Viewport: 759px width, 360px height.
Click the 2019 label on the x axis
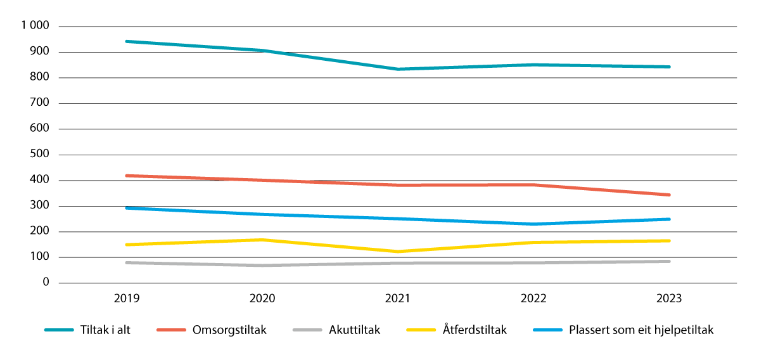(127, 299)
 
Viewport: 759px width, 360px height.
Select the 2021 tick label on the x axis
(398, 299)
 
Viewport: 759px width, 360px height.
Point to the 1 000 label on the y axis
(35, 27)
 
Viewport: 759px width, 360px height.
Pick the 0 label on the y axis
(47, 283)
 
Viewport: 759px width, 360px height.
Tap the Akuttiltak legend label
(355, 330)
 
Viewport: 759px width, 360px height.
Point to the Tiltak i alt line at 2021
(398, 69)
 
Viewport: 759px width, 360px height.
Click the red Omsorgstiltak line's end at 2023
(669, 195)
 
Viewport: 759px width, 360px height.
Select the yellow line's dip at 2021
(398, 252)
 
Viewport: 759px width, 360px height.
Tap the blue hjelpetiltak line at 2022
(533, 224)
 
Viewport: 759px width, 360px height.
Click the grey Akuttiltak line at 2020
(262, 266)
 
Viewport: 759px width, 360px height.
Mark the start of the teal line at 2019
(127, 41)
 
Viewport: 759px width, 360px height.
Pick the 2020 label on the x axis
(262, 299)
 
